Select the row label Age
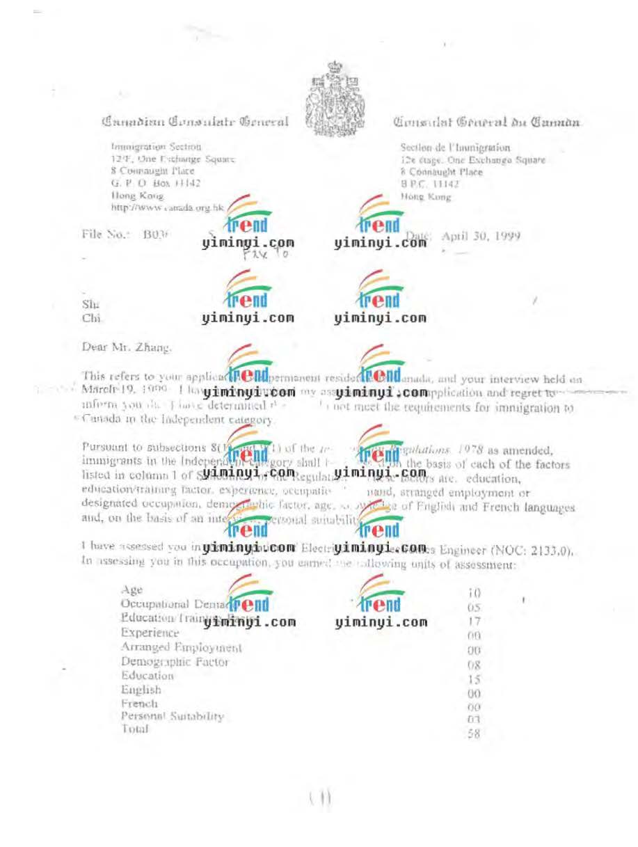tap(131, 590)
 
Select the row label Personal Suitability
tap(172, 716)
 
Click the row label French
tap(139, 703)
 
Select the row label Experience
tap(150, 633)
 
